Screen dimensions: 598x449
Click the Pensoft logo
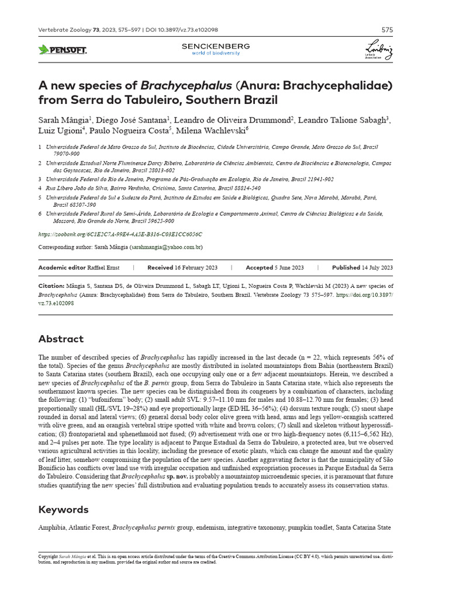62,50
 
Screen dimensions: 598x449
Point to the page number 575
387,30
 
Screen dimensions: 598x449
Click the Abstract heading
61,339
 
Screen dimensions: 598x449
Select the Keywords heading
63,510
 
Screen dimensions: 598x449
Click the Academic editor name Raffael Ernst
103,267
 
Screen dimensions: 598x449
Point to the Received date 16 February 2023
196,267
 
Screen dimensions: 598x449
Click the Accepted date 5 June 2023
289,267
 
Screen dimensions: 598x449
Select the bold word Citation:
51,286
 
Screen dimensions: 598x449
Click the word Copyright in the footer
48,557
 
